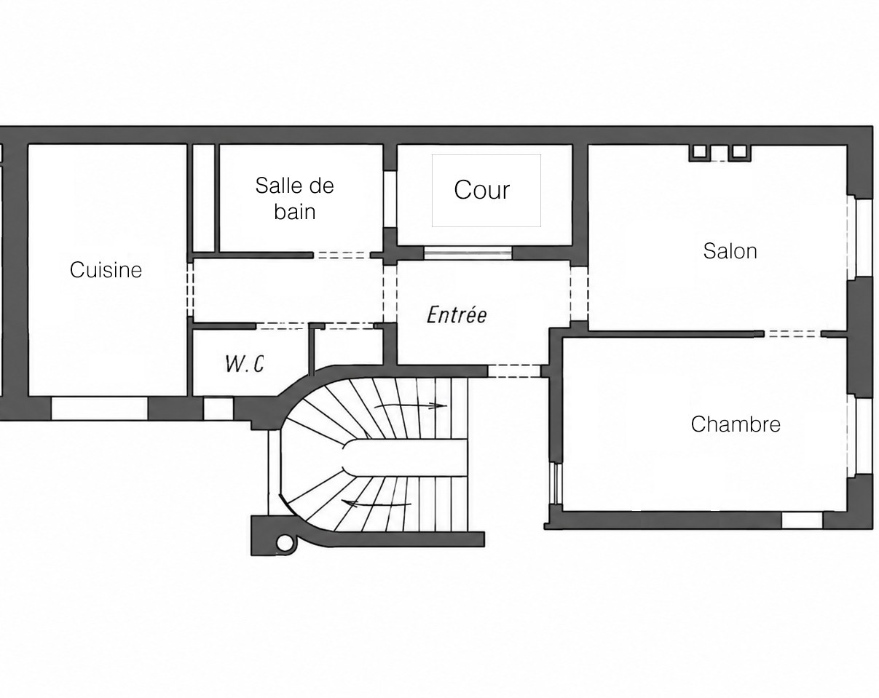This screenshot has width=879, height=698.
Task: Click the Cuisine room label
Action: [x=106, y=270]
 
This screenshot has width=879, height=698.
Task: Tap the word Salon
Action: [x=730, y=251]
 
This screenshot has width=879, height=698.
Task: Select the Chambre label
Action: [x=736, y=424]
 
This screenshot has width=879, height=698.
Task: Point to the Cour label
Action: [x=482, y=190]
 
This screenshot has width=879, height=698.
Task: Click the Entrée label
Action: [x=457, y=314]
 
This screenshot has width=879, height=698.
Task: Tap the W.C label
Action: [x=245, y=364]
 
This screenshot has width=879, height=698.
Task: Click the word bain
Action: [x=294, y=212]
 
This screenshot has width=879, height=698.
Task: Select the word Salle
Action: [x=277, y=186]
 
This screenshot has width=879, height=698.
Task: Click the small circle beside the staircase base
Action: [x=285, y=542]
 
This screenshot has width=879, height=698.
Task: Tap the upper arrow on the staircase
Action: [x=411, y=405]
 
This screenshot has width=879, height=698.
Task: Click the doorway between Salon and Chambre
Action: [x=792, y=334]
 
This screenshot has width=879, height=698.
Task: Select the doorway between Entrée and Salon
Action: [x=579, y=293]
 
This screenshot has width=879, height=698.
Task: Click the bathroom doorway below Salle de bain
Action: [x=342, y=255]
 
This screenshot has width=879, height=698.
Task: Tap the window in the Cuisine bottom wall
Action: [x=99, y=408]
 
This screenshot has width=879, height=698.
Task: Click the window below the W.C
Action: [x=218, y=408]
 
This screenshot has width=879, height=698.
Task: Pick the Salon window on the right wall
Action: [x=863, y=238]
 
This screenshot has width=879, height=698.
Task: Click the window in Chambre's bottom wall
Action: [x=802, y=520]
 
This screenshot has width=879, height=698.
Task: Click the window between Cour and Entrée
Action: [x=468, y=253]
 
